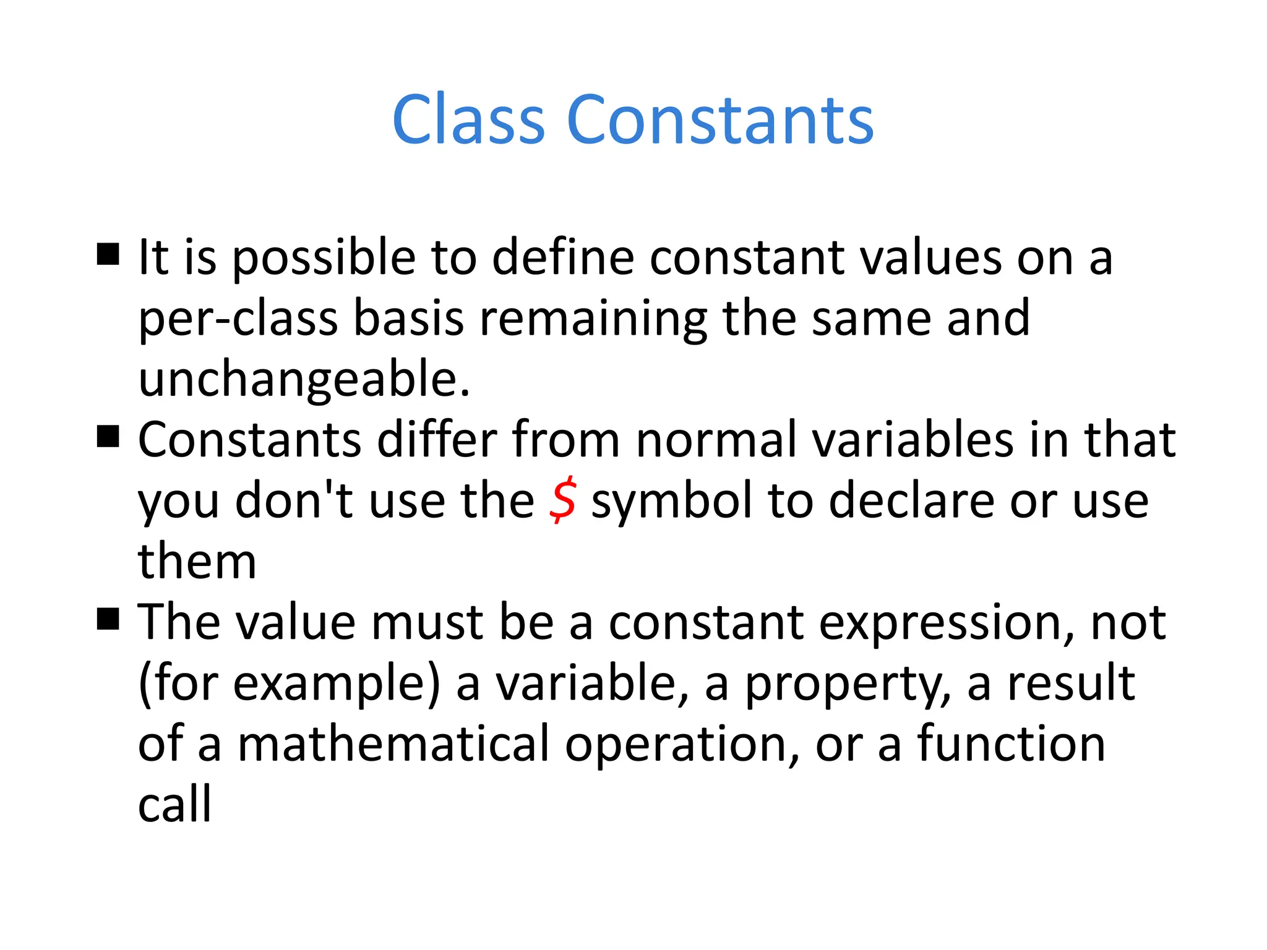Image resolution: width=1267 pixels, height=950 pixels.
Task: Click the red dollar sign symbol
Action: (562, 500)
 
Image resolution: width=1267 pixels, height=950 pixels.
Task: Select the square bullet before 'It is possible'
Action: (108, 254)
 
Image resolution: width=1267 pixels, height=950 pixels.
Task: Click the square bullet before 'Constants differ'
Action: (108, 436)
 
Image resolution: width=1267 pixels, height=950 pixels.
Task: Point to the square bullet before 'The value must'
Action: (108, 618)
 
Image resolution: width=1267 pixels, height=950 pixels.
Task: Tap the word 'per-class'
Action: (238, 319)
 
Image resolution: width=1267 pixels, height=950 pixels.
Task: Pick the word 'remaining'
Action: (593, 319)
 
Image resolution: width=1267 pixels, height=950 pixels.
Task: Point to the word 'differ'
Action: (437, 439)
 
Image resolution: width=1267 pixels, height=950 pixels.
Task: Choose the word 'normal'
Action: (716, 439)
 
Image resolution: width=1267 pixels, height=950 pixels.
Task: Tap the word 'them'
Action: (197, 561)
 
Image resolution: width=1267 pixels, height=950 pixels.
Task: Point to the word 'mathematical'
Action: (393, 743)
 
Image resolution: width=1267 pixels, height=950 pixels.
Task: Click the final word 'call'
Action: (174, 804)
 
